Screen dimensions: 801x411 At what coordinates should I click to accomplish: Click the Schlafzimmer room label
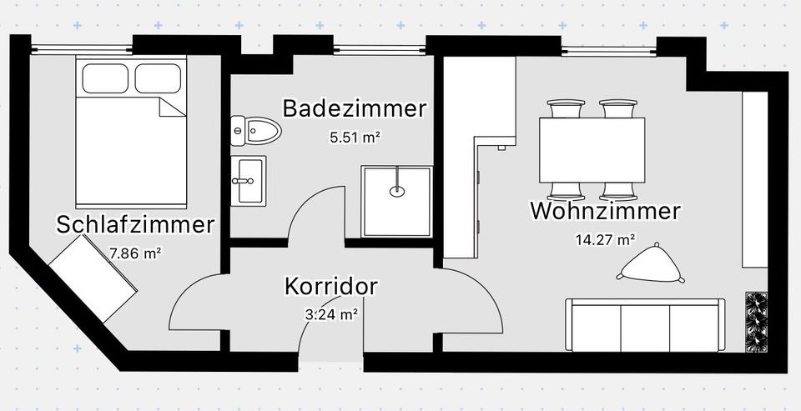tap(135, 224)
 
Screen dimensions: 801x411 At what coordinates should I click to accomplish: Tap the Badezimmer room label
tap(355, 108)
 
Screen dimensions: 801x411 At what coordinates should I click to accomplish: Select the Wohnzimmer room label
tap(605, 211)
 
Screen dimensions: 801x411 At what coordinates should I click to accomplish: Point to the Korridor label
tap(331, 286)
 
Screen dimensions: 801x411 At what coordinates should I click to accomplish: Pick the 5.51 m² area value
tap(355, 137)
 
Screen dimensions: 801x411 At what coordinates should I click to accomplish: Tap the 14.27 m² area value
tap(605, 240)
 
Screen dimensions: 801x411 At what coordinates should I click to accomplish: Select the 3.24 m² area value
tap(331, 314)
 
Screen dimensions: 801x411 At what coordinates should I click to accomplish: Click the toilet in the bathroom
tap(256, 130)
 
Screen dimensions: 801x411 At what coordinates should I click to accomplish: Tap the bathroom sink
tap(248, 178)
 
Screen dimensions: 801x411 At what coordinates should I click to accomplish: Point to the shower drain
tap(398, 191)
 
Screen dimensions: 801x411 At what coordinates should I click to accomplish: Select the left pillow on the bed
tap(106, 78)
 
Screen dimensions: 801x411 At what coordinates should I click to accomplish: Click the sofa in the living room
tap(645, 326)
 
